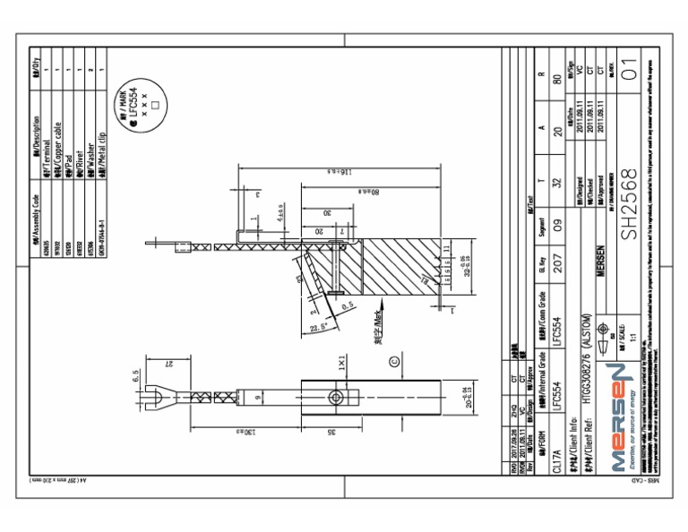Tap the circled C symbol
[395, 362]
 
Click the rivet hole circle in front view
[336, 396]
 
